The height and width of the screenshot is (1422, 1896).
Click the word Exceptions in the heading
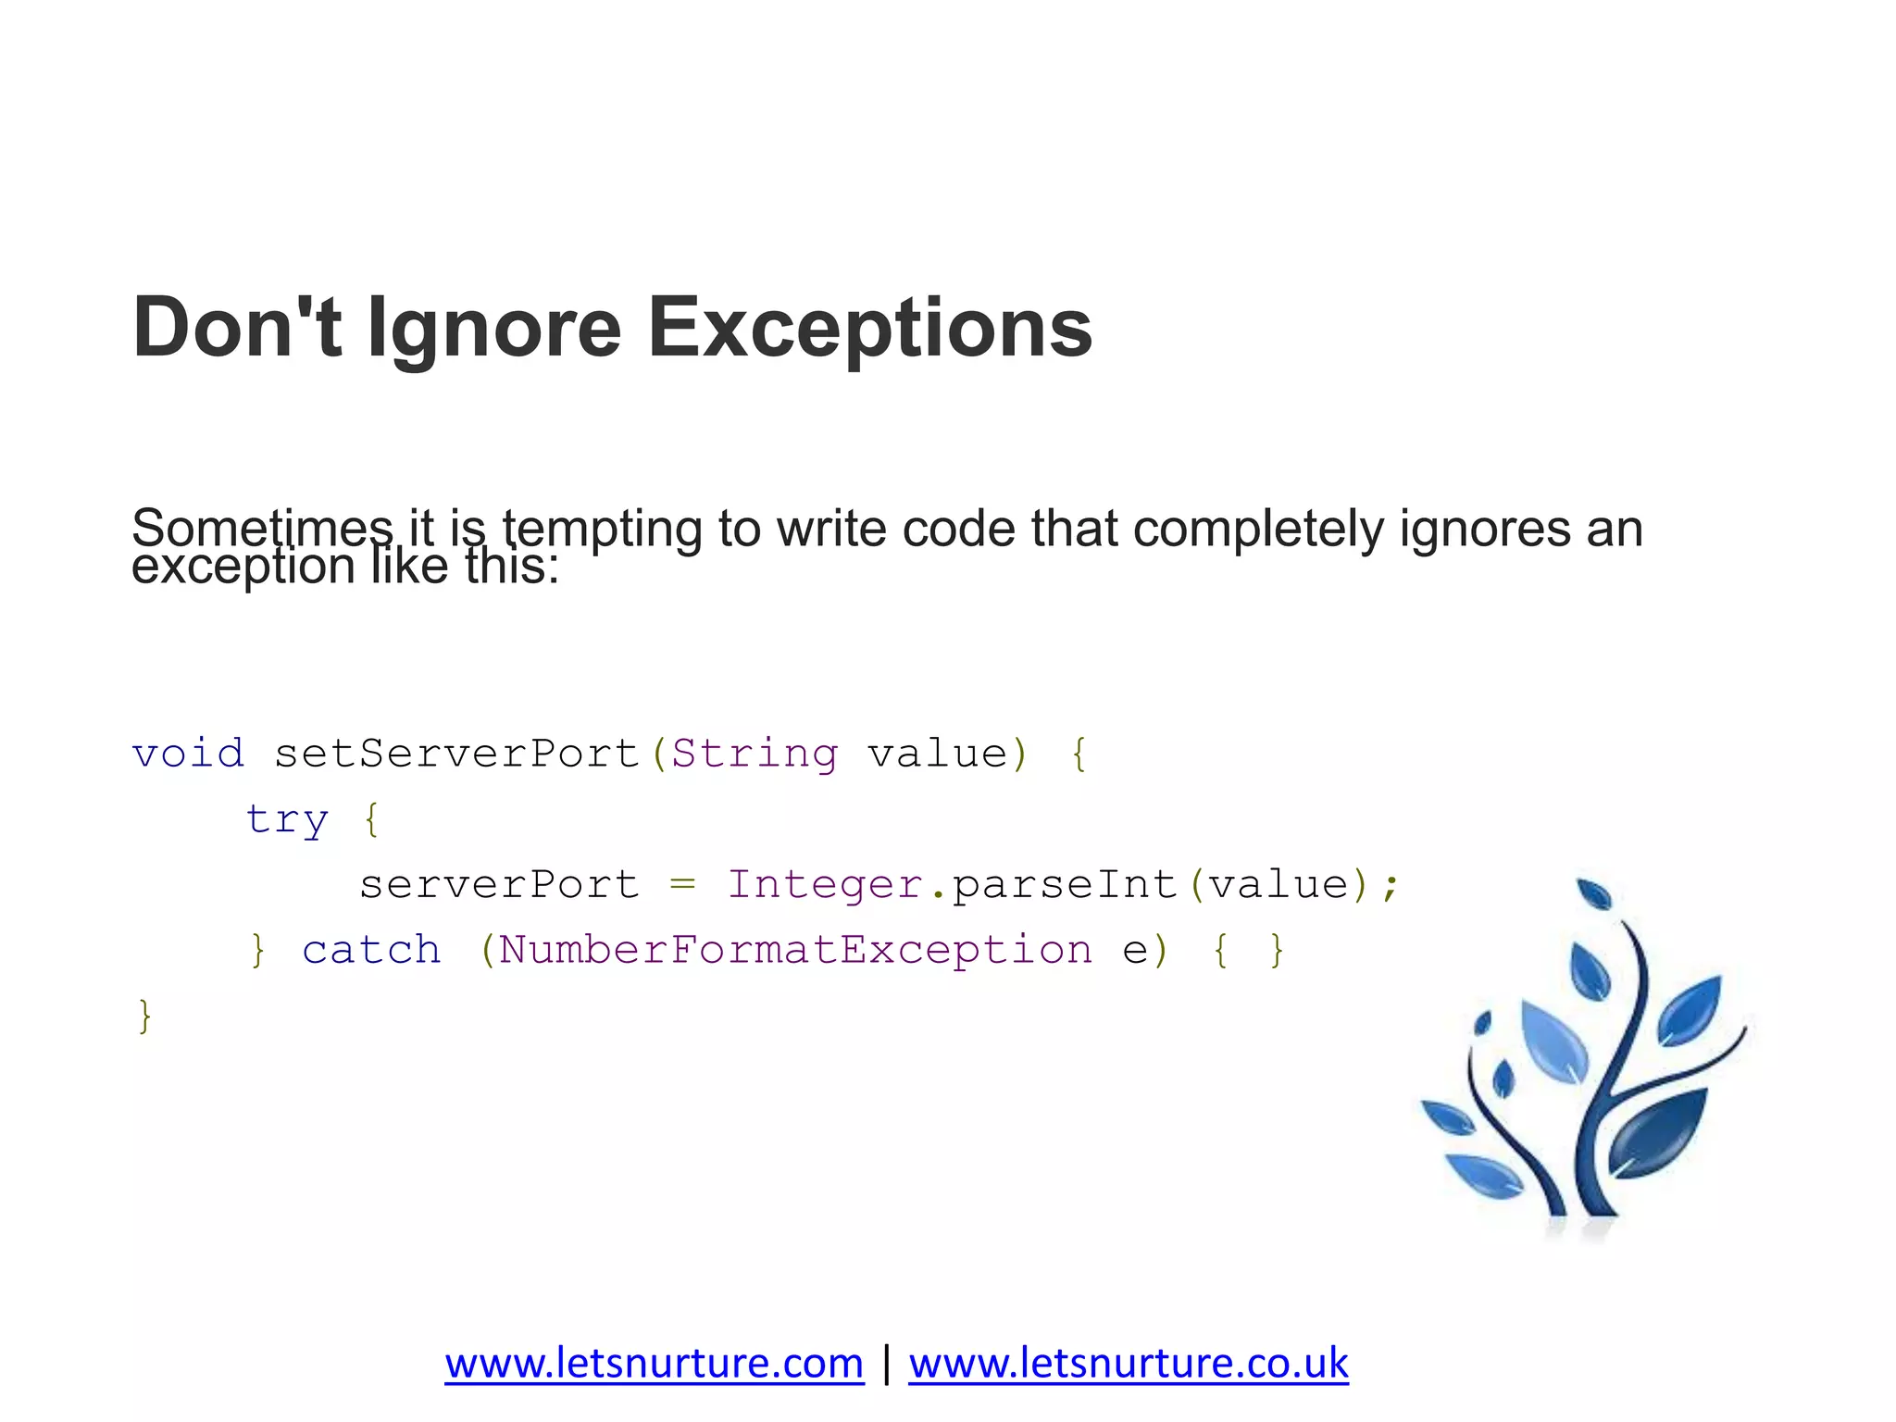point(869,328)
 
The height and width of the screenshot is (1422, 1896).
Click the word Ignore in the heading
point(494,328)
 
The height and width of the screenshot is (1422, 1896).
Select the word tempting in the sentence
point(602,530)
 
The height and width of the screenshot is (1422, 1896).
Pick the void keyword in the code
point(188,754)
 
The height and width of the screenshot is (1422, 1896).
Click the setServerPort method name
point(457,754)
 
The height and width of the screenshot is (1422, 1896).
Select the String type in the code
point(755,754)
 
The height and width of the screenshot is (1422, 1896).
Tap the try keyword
point(287,820)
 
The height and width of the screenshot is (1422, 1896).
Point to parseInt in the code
point(1065,885)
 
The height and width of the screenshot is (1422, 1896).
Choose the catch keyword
point(372,951)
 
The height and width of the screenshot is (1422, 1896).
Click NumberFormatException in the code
point(795,951)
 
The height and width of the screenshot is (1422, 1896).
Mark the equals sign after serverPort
point(683,885)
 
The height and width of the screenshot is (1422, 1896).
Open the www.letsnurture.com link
point(654,1363)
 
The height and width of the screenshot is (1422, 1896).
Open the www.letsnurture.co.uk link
point(1128,1363)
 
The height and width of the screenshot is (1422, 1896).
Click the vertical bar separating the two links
point(887,1363)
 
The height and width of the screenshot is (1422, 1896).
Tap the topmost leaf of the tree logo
point(1595,893)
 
